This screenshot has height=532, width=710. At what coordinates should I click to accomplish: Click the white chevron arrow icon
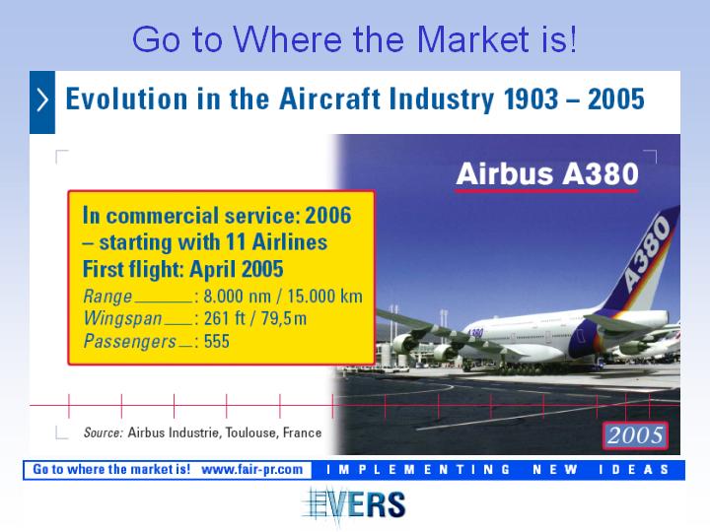(42, 100)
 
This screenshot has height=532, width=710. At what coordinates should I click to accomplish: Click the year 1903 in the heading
(531, 100)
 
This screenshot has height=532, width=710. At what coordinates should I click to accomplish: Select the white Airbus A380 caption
(547, 174)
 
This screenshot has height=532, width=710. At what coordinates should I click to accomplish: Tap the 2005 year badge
(635, 435)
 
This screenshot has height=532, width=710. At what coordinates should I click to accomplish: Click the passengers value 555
(216, 341)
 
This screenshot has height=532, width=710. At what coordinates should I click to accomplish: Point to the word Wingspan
(122, 318)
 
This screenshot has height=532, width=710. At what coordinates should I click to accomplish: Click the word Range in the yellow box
(107, 297)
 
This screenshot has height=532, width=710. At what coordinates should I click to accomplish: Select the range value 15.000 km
(324, 297)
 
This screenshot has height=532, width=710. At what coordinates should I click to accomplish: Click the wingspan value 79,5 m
(283, 318)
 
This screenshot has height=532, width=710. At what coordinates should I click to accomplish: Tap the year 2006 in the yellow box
(327, 216)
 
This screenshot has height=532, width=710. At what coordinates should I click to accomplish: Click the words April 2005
(237, 269)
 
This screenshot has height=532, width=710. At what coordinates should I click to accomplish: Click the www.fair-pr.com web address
(251, 470)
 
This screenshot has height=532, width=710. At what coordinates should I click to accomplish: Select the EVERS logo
(355, 504)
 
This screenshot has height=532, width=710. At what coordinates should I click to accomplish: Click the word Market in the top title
(472, 38)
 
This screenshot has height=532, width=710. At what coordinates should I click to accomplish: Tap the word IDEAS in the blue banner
(633, 470)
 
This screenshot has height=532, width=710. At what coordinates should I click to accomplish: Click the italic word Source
(104, 432)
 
